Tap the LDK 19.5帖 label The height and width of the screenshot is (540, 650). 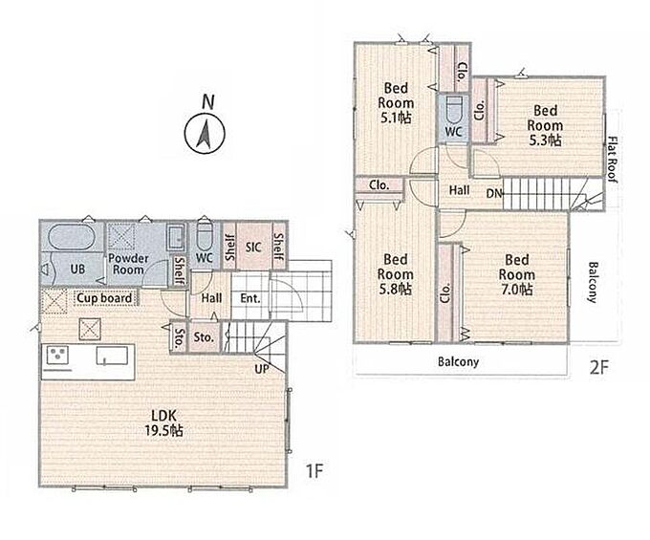click(x=164, y=422)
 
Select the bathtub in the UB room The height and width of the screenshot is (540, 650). click(x=72, y=237)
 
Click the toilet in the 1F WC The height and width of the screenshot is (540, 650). click(x=204, y=237)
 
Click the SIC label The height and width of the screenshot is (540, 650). click(x=253, y=248)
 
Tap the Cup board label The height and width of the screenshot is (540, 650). click(x=105, y=298)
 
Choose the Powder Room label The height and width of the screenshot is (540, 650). click(x=128, y=264)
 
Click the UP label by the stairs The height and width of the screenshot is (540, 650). click(x=262, y=368)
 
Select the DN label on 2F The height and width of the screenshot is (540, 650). click(x=494, y=193)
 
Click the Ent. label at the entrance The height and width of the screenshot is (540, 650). click(x=250, y=298)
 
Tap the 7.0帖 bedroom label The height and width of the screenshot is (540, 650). click(x=516, y=274)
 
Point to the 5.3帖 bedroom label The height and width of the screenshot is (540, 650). click(x=545, y=125)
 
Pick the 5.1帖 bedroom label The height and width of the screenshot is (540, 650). click(x=396, y=103)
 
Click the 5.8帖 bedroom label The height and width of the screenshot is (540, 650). click(x=395, y=274)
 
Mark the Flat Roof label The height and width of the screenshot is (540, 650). click(x=613, y=160)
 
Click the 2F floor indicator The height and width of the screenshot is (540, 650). click(x=599, y=367)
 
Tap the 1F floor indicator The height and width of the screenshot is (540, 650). click(x=314, y=471)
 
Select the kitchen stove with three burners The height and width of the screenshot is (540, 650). click(x=57, y=356)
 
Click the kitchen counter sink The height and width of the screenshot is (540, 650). click(x=112, y=356)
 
